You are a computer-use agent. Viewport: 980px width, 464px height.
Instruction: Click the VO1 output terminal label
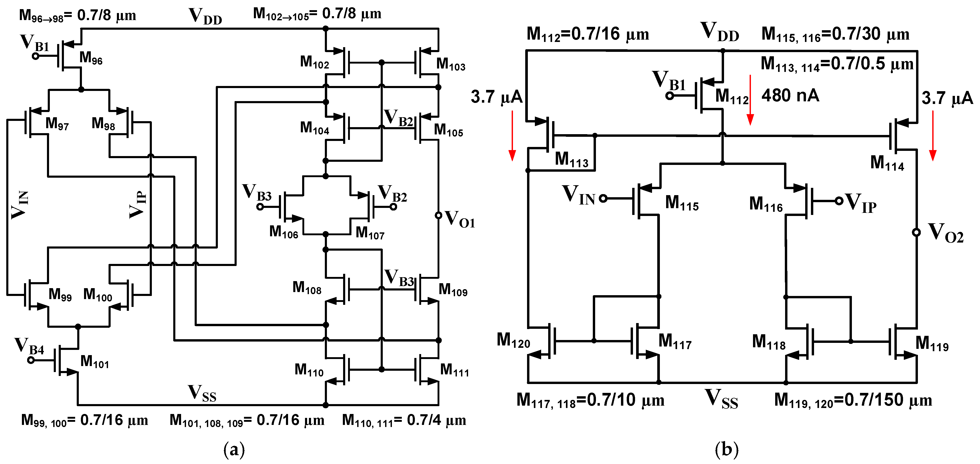(x=459, y=219)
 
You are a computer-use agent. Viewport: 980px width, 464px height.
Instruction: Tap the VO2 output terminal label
(x=946, y=233)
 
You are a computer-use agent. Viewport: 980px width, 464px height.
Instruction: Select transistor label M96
(x=91, y=58)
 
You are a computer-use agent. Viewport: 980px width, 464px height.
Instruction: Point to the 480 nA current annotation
(x=790, y=95)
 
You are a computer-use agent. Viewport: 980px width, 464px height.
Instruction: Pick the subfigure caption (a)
(x=234, y=450)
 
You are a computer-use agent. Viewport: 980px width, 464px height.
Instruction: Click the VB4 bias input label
(x=29, y=346)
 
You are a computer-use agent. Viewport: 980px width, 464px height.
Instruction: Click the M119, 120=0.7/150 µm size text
(x=853, y=400)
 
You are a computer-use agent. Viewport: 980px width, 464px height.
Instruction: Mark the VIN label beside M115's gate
(x=578, y=195)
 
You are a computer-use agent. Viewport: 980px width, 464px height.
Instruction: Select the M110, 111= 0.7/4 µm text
(x=404, y=420)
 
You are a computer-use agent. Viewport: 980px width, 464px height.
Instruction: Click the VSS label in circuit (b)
(x=721, y=399)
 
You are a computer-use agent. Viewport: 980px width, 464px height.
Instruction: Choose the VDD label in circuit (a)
(x=205, y=16)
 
